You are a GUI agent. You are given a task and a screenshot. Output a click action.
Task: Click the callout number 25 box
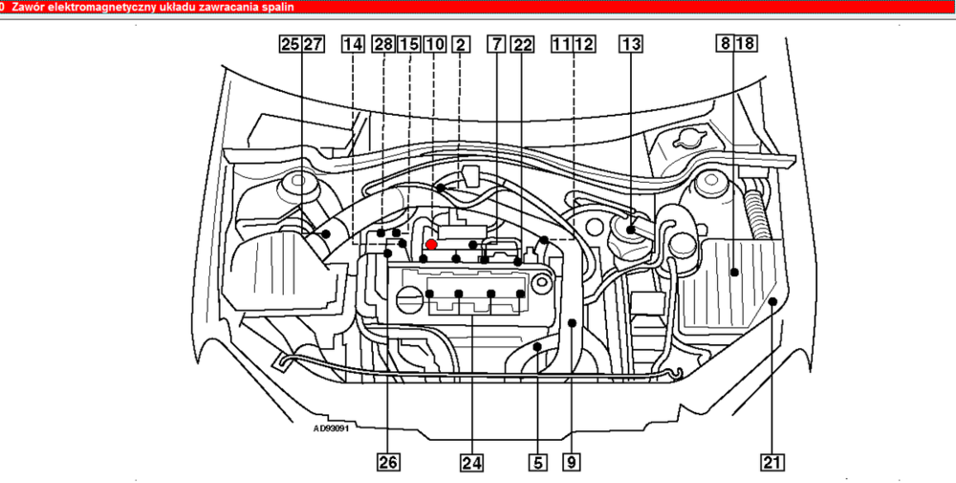coord(289,44)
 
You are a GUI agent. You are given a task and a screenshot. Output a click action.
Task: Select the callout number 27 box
coord(313,44)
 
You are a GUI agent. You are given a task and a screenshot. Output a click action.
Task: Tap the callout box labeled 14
coord(352,44)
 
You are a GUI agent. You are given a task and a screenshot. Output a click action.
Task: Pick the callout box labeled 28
coord(384,44)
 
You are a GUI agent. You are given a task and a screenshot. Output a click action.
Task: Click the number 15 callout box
coord(408,44)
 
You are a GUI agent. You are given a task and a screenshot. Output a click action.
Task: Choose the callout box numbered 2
coord(462,44)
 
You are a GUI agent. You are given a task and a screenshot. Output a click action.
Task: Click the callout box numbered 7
coord(495,44)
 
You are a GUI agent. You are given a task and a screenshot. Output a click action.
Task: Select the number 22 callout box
coord(522,44)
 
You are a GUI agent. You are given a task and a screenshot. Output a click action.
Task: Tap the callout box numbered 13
coord(631,44)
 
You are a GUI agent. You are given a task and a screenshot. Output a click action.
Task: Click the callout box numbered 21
coord(771,463)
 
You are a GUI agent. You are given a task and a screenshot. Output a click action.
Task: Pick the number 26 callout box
coord(387,463)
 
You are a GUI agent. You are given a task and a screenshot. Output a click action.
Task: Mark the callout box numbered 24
coord(470,463)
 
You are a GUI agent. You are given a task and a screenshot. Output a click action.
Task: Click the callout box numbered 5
coord(537,463)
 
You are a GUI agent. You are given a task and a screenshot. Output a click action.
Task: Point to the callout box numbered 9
coord(571,463)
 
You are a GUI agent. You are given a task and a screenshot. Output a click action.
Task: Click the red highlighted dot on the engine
coord(431,245)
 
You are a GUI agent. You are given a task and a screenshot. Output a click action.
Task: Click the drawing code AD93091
coord(332,428)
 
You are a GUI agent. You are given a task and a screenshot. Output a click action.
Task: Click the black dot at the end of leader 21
coord(771,301)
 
